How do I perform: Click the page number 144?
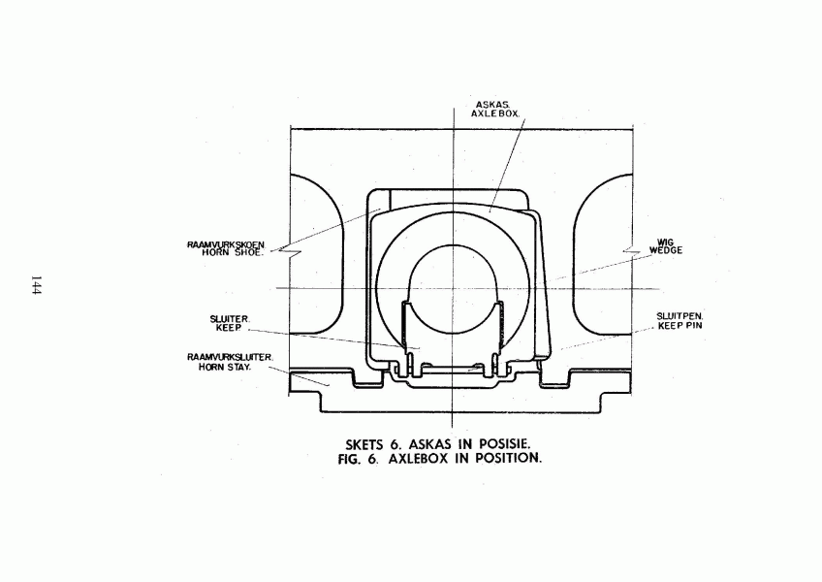(x=36, y=285)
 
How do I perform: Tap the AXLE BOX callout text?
(x=495, y=113)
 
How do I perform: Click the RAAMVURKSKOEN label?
(x=227, y=244)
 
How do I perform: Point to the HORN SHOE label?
(x=231, y=252)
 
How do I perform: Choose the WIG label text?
(x=665, y=242)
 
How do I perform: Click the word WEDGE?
(x=666, y=250)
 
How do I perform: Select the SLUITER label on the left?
(x=230, y=319)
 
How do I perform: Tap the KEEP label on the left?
(x=229, y=328)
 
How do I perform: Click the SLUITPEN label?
(x=680, y=316)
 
